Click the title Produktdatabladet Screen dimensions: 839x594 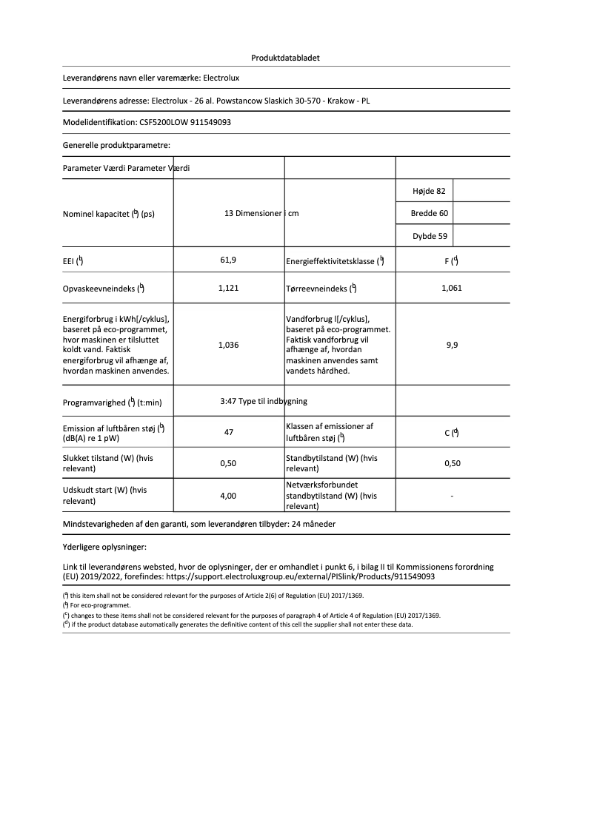(285, 58)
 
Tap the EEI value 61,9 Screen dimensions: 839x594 (228, 260)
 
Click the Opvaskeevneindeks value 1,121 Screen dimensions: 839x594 (228, 288)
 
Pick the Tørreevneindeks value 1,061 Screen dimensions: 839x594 (451, 288)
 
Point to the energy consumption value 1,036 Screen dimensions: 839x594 (228, 345)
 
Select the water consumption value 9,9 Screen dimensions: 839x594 (452, 345)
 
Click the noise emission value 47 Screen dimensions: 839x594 (229, 432)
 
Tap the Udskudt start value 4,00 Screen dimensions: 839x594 (228, 496)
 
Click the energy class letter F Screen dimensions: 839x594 (447, 260)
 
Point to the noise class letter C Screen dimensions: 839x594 (447, 433)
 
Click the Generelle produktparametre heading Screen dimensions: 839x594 (116, 146)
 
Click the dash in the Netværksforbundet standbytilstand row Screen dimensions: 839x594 (452, 496)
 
